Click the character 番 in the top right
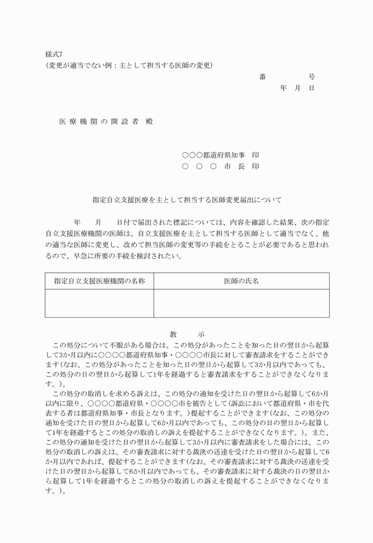pos(262,76)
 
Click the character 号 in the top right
pos(311,76)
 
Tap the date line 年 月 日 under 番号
pos(297,88)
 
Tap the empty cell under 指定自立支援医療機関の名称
pos(99,303)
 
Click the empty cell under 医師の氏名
pos(241,303)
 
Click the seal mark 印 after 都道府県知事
pos(255,155)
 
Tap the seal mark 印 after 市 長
pos(255,167)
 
